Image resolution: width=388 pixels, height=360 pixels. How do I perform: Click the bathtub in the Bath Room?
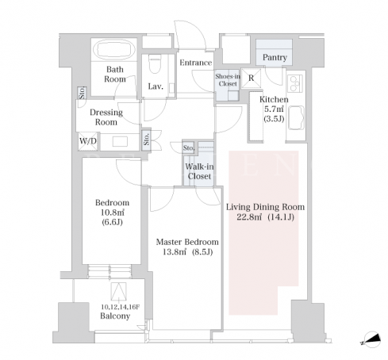(115, 49)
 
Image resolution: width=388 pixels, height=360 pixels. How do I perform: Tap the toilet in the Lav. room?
(155, 63)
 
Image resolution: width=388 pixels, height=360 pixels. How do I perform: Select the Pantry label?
(275, 57)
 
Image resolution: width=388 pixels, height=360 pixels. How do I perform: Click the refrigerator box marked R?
(252, 78)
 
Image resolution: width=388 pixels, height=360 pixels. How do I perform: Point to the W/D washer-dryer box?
(88, 141)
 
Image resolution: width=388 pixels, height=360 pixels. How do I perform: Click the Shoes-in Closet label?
(228, 80)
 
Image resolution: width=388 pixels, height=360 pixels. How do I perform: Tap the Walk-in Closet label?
(199, 171)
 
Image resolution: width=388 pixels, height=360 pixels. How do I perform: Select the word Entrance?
(196, 63)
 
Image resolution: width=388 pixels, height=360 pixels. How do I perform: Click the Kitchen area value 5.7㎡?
(274, 109)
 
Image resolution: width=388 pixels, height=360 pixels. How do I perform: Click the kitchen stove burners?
(295, 83)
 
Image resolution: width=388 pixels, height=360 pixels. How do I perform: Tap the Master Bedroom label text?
(187, 242)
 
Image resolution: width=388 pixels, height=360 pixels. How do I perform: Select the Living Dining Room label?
(265, 207)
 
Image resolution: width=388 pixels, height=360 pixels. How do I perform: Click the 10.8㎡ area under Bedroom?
(112, 213)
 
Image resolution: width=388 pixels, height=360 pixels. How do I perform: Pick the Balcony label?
(115, 316)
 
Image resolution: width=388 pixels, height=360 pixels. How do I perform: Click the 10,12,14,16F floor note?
(121, 307)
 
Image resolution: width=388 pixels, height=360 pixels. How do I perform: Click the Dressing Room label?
(106, 117)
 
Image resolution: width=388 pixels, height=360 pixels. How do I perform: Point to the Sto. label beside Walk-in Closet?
(189, 148)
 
